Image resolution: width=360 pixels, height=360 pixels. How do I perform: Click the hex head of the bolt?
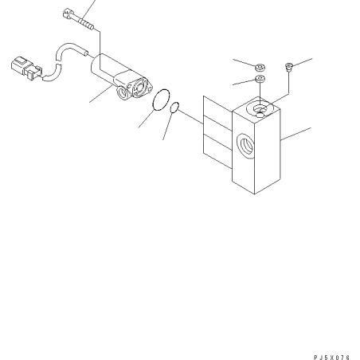tap(68, 14)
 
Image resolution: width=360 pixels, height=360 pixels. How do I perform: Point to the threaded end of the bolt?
tap(87, 24)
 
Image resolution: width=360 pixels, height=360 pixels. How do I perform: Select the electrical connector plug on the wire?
tap(26, 68)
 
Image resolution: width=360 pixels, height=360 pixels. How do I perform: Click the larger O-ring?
tap(161, 100)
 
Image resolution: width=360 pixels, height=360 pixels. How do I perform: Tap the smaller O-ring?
tap(174, 107)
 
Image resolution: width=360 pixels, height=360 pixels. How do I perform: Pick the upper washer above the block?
tap(260, 68)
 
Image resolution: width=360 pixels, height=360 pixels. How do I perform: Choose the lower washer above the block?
tap(260, 79)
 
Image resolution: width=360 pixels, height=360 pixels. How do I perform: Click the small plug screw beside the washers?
tap(288, 66)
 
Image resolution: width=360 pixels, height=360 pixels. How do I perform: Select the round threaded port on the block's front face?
tap(245, 145)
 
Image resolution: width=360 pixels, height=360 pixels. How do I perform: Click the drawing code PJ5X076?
tap(332, 358)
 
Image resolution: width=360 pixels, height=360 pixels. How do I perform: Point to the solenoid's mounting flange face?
tap(140, 87)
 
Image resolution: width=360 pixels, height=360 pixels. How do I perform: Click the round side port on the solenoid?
tap(123, 93)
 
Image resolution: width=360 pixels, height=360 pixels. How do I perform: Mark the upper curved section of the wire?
tap(69, 49)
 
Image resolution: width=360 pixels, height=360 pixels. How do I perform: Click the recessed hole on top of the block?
tap(259, 108)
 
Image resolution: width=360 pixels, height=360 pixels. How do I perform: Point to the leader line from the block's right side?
tap(295, 134)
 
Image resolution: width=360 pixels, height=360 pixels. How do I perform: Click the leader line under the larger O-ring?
tap(146, 119)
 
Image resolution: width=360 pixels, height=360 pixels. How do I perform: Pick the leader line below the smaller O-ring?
tap(168, 126)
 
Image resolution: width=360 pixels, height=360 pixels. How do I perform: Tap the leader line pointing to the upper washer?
tap(245, 63)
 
